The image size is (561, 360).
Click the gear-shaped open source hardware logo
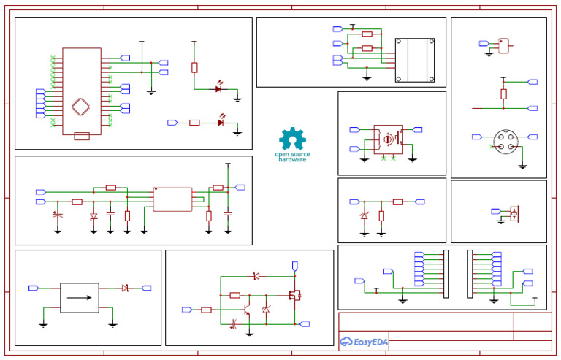click(293, 139)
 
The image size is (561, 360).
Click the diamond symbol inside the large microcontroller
click(81, 107)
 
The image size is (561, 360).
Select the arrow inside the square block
click(79, 297)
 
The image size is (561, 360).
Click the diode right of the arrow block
click(126, 288)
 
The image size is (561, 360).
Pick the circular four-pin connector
click(504, 141)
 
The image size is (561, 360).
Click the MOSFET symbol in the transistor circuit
click(296, 295)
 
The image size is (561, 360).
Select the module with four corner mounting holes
click(415, 60)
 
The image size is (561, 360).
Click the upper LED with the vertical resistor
click(218, 89)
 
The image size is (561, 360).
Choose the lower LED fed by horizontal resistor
click(220, 122)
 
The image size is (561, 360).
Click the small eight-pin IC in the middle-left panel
click(173, 199)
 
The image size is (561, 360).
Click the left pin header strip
click(444, 274)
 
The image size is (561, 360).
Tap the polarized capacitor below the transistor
click(235, 323)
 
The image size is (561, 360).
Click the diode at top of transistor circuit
click(255, 276)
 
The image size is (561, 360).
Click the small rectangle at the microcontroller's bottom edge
click(82, 136)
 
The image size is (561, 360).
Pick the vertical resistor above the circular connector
click(503, 93)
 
